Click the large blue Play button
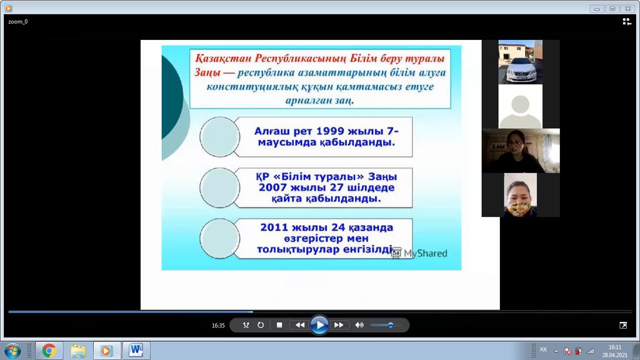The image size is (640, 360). click(x=319, y=325)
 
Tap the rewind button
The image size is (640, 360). click(x=300, y=325)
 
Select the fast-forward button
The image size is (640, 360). click(x=339, y=325)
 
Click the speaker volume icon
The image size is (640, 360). click(x=359, y=325)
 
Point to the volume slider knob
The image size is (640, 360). click(x=391, y=325)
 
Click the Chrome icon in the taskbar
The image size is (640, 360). click(x=49, y=351)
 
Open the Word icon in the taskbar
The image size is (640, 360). click(x=136, y=350)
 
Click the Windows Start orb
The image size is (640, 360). click(x=12, y=351)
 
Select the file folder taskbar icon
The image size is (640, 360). click(x=78, y=351)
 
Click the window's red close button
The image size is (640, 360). click(x=627, y=9)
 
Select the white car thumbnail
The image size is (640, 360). click(x=521, y=62)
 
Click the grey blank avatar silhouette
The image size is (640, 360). click(x=521, y=110)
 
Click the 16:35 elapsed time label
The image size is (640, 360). click(x=218, y=325)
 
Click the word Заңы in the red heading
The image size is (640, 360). click(x=207, y=72)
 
